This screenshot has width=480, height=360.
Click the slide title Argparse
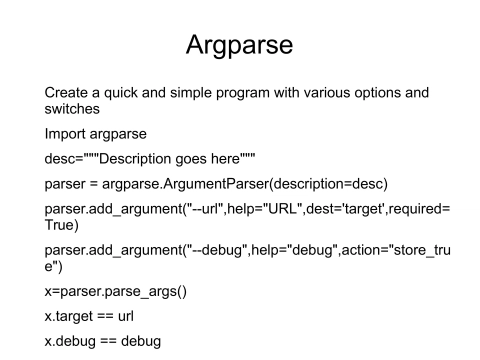click(239, 46)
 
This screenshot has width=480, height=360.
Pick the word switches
click(75, 110)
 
